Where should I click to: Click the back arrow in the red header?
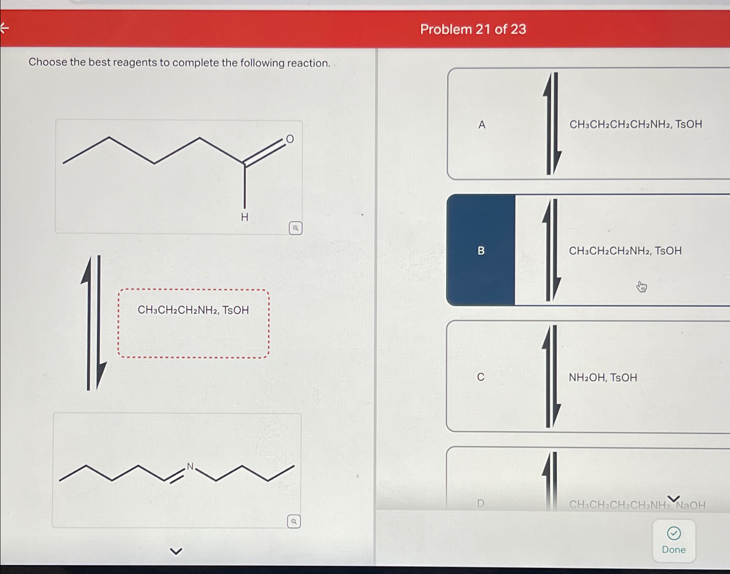[4, 28]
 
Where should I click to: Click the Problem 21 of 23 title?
[473, 29]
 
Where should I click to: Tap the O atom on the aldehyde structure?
[290, 139]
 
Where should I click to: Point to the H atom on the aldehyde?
[244, 217]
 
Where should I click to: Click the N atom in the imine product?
[190, 467]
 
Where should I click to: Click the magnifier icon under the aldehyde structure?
[295, 228]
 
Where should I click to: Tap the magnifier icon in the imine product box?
[294, 522]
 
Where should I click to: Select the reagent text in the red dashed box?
[193, 310]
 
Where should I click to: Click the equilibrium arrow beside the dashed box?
[93, 323]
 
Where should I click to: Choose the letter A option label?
[482, 125]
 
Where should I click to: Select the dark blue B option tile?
[481, 250]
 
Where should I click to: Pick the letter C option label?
[481, 377]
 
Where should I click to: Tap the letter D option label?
[481, 504]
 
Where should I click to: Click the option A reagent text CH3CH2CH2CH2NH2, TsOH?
[635, 125]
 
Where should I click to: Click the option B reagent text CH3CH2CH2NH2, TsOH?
[625, 251]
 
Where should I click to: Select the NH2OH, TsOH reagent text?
[603, 378]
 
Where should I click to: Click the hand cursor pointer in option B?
[641, 287]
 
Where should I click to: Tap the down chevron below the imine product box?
[176, 551]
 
